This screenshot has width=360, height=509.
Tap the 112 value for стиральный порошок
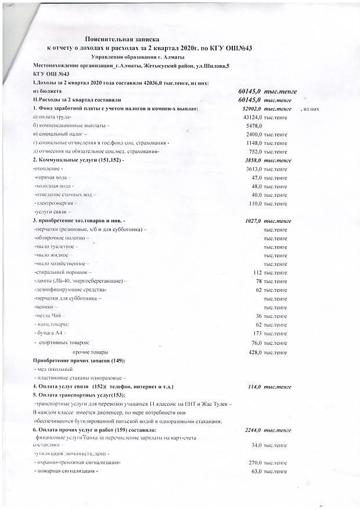(258, 272)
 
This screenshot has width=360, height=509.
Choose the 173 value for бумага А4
(258, 333)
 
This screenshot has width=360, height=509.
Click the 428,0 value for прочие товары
(256, 352)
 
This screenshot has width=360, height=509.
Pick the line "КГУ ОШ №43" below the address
(50, 74)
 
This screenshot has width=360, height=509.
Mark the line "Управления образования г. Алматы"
(138, 56)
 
